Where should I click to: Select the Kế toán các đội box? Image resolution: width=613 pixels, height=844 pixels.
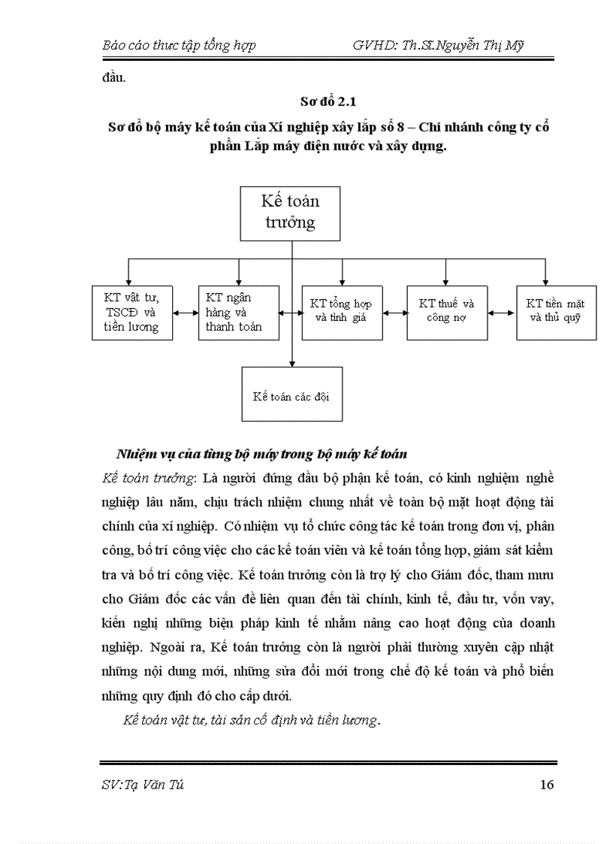coord(291,394)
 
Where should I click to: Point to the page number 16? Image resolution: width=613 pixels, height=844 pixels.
coord(547,785)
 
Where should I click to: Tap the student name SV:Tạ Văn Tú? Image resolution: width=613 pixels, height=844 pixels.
coord(143,785)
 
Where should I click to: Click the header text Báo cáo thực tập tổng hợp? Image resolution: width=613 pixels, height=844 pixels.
coord(179,45)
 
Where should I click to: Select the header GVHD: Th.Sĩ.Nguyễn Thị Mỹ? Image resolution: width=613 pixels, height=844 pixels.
coord(438,45)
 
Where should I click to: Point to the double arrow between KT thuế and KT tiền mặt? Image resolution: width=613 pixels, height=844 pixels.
coord(501,306)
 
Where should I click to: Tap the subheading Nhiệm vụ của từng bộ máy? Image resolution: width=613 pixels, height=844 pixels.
coord(261,455)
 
